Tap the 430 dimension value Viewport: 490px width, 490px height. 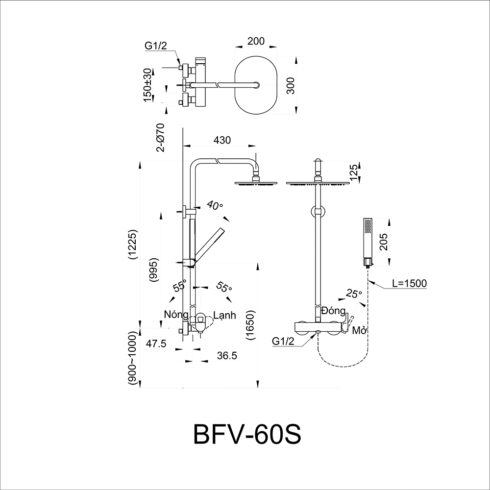click(222, 140)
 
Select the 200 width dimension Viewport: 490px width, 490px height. click(256, 41)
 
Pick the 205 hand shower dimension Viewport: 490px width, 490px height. click(384, 242)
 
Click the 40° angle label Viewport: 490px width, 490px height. click(215, 205)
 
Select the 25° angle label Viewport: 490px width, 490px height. click(353, 294)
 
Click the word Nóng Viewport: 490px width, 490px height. click(176, 315)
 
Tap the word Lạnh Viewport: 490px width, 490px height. click(224, 316)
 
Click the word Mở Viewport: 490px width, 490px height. click(360, 331)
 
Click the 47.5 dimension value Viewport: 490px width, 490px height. click(155, 344)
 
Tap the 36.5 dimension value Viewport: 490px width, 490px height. click(226, 357)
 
